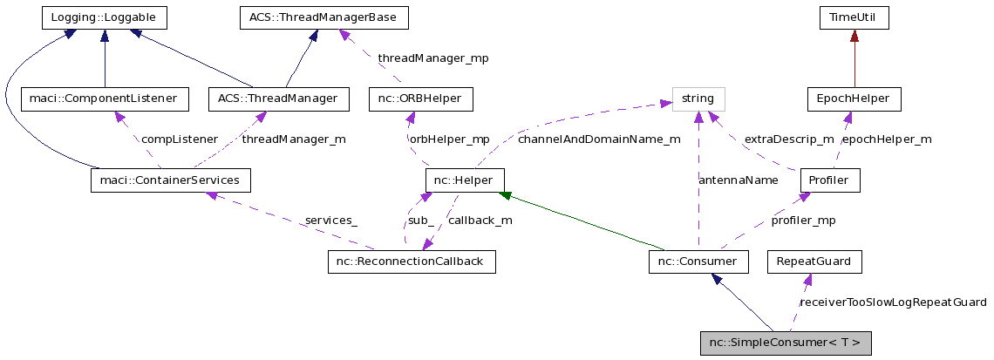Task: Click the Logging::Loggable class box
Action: [x=104, y=17]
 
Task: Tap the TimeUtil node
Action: [x=854, y=17]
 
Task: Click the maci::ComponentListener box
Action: [x=104, y=98]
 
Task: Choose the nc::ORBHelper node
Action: [x=421, y=98]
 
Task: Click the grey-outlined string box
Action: [x=698, y=98]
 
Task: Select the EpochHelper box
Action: [x=854, y=98]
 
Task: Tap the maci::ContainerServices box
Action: [x=171, y=180]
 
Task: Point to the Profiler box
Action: [x=830, y=180]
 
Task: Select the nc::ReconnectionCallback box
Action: [x=412, y=262]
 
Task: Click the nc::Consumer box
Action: [x=698, y=262]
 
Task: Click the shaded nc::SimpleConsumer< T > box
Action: [x=786, y=343]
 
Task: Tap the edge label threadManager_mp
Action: [x=432, y=58]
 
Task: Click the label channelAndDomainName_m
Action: [x=599, y=139]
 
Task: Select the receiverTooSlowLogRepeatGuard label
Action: [x=893, y=302]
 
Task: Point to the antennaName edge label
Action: [x=739, y=180]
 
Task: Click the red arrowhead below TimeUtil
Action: [x=854, y=36]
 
